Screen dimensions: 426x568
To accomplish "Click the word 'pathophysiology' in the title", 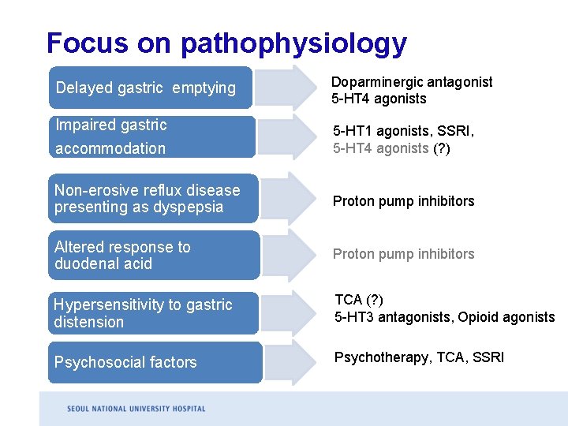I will point(293,43).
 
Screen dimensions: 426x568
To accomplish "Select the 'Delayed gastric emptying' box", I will point(150,88).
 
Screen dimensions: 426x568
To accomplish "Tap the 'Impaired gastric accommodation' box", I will point(150,136).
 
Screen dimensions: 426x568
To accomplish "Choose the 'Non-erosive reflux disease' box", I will point(154,198).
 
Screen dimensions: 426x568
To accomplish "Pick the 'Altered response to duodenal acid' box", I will point(154,255).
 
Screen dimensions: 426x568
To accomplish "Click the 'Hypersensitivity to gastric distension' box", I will point(154,313).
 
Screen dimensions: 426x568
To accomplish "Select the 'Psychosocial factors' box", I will point(154,362).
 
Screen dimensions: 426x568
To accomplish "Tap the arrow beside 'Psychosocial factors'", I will point(291,362).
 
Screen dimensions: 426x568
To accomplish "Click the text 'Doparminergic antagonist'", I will point(412,82).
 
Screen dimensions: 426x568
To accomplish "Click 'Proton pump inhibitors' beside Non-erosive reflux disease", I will point(403,201).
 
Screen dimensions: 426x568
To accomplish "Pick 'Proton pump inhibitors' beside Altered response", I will point(403,254).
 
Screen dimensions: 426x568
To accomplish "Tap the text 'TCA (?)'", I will point(360,300).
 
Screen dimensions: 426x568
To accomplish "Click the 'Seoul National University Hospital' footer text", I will point(136,409).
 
